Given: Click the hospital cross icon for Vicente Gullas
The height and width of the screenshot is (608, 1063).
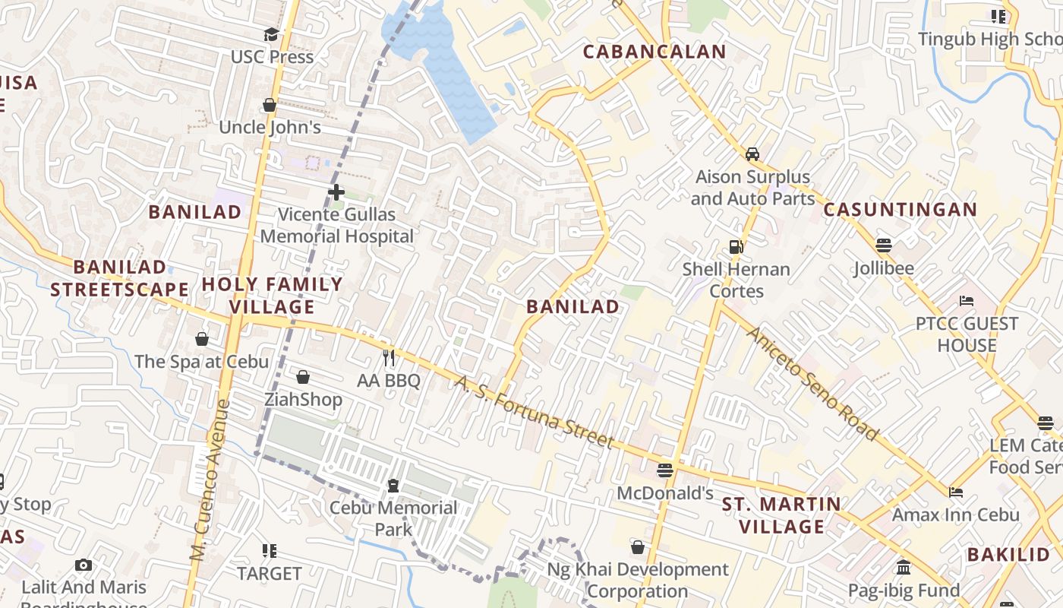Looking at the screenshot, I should (x=336, y=192).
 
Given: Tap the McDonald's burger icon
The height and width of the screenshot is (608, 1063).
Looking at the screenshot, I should (x=665, y=470).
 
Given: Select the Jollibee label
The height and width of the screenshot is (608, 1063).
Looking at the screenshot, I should (x=883, y=268).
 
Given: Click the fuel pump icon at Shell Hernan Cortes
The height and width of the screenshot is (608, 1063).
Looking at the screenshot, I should (x=735, y=246).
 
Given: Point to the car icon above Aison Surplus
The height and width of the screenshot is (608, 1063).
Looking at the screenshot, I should (x=752, y=154).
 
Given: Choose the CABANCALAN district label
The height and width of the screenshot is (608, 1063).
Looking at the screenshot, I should (x=655, y=52).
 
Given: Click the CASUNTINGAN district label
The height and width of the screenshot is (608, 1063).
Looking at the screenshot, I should (x=900, y=210).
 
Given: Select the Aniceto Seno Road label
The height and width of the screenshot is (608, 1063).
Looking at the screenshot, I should (x=812, y=384).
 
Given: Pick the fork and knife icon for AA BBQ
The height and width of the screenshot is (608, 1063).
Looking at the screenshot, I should (x=389, y=358).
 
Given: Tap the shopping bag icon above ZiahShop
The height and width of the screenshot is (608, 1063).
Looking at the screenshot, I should (x=303, y=377).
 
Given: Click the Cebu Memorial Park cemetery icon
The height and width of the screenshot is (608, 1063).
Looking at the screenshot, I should (x=393, y=486).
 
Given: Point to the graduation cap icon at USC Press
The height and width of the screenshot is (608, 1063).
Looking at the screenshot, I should (x=271, y=34).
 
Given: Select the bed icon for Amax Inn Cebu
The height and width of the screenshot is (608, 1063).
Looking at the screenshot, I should (x=956, y=492).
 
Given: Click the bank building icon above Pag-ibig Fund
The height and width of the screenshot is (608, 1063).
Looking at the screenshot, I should (x=904, y=567).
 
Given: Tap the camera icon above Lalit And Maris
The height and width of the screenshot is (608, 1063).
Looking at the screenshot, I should (x=84, y=565).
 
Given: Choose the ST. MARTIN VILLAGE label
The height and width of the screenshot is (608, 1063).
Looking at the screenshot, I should (x=781, y=515).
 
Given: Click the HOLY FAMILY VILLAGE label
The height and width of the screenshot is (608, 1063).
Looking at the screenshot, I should (x=272, y=296).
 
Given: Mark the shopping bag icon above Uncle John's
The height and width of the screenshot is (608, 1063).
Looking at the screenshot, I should (x=270, y=105).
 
